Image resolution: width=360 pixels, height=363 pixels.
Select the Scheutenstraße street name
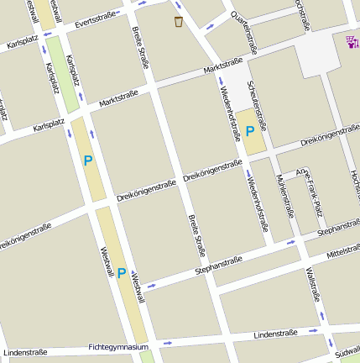(x=257, y=106)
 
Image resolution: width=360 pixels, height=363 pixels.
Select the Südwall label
(x=346, y=345)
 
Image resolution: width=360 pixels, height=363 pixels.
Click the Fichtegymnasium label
(x=118, y=346)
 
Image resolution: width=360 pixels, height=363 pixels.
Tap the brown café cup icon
(x=179, y=21)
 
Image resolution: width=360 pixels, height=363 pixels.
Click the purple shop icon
(x=351, y=39)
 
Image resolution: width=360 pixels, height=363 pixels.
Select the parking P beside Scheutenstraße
(x=250, y=132)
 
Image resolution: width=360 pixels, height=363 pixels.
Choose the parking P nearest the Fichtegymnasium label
(x=122, y=273)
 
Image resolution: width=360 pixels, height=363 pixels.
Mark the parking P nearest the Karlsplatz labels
(x=88, y=160)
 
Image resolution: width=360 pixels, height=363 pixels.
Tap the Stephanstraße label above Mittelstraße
(x=338, y=228)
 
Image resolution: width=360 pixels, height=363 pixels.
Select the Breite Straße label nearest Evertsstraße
(x=138, y=46)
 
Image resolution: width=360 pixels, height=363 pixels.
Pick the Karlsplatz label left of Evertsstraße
(x=23, y=43)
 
